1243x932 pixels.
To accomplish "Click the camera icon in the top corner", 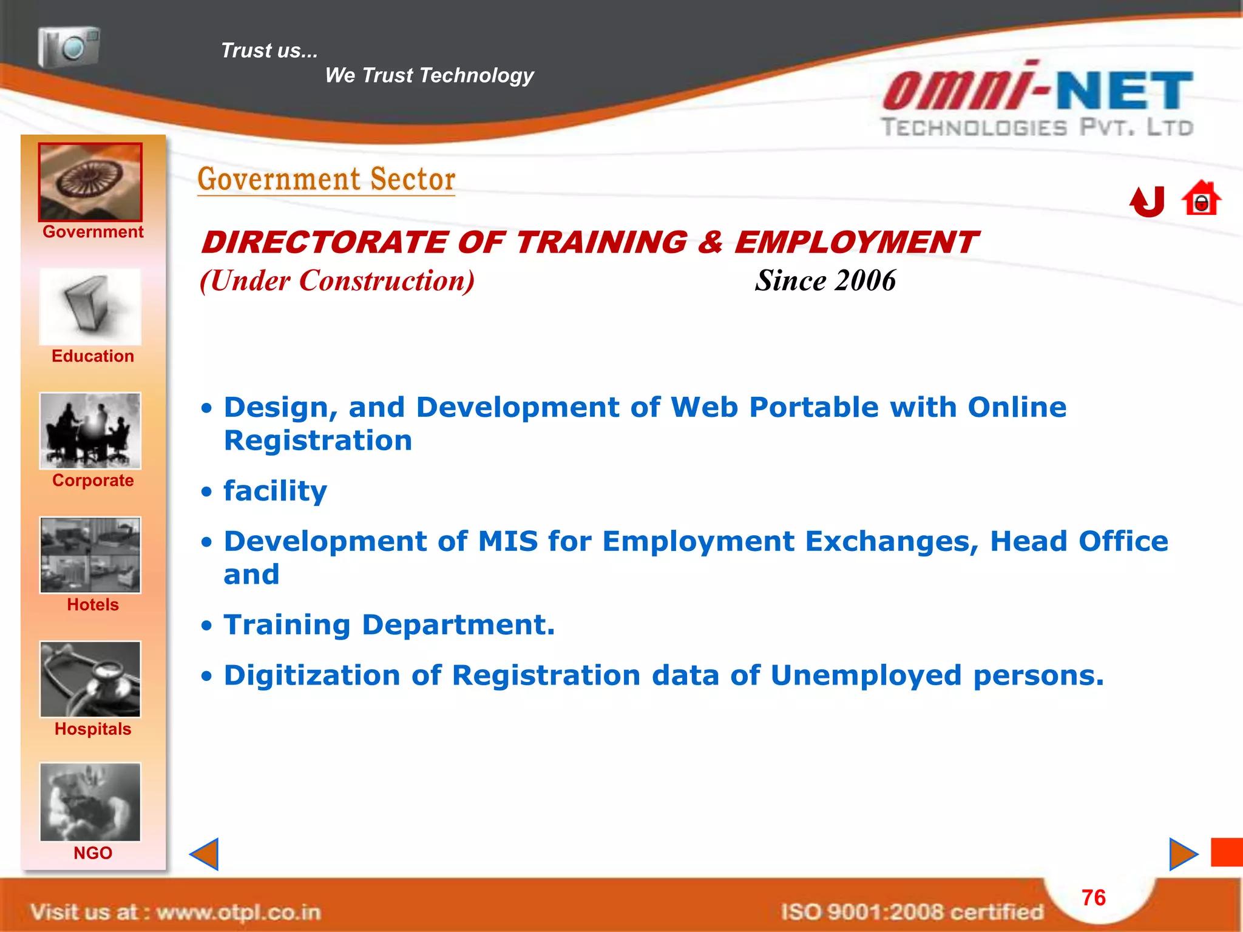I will coord(69,47).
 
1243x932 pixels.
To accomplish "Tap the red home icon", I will coord(1201,199).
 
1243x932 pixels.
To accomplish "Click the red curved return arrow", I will coord(1148,201).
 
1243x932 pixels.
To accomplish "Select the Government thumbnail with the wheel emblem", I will coord(90,182).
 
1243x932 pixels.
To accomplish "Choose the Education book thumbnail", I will coord(90,307).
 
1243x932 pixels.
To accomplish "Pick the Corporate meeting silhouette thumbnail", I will coord(90,431).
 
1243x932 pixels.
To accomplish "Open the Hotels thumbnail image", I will coord(90,555).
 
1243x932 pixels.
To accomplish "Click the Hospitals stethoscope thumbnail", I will coord(90,680).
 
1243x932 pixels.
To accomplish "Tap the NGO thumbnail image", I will coord(90,802).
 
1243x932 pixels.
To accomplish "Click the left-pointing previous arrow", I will coord(205,854).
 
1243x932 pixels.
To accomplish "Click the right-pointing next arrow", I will coord(1183,854).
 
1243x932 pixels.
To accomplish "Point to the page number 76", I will coord(1094,897).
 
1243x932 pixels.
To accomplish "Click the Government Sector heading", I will coord(327,180).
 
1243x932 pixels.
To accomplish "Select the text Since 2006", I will coord(825,281).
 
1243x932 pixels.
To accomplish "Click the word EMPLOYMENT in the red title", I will coord(856,243).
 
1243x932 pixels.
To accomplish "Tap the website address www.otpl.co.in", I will coord(239,912).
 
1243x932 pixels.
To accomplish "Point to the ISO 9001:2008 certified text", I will coord(912,912).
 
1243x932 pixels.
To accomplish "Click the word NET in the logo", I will coord(1125,91).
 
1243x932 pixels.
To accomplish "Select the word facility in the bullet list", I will coord(275,491).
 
